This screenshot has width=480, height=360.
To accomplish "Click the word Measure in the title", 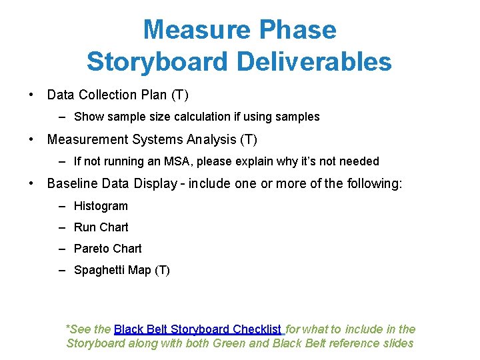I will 195,30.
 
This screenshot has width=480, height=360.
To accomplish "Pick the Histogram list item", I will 101,206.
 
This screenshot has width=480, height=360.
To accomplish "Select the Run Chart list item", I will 101,227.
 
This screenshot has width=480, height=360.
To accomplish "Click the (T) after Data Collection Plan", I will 180,95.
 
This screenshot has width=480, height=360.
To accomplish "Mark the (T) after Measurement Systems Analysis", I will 248,140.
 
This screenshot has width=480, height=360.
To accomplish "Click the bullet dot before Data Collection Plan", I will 31,95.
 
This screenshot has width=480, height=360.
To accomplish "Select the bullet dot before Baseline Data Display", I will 31,184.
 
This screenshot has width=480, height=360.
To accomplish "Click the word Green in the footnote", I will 228,343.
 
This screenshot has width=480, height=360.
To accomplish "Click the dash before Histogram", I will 61,206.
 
